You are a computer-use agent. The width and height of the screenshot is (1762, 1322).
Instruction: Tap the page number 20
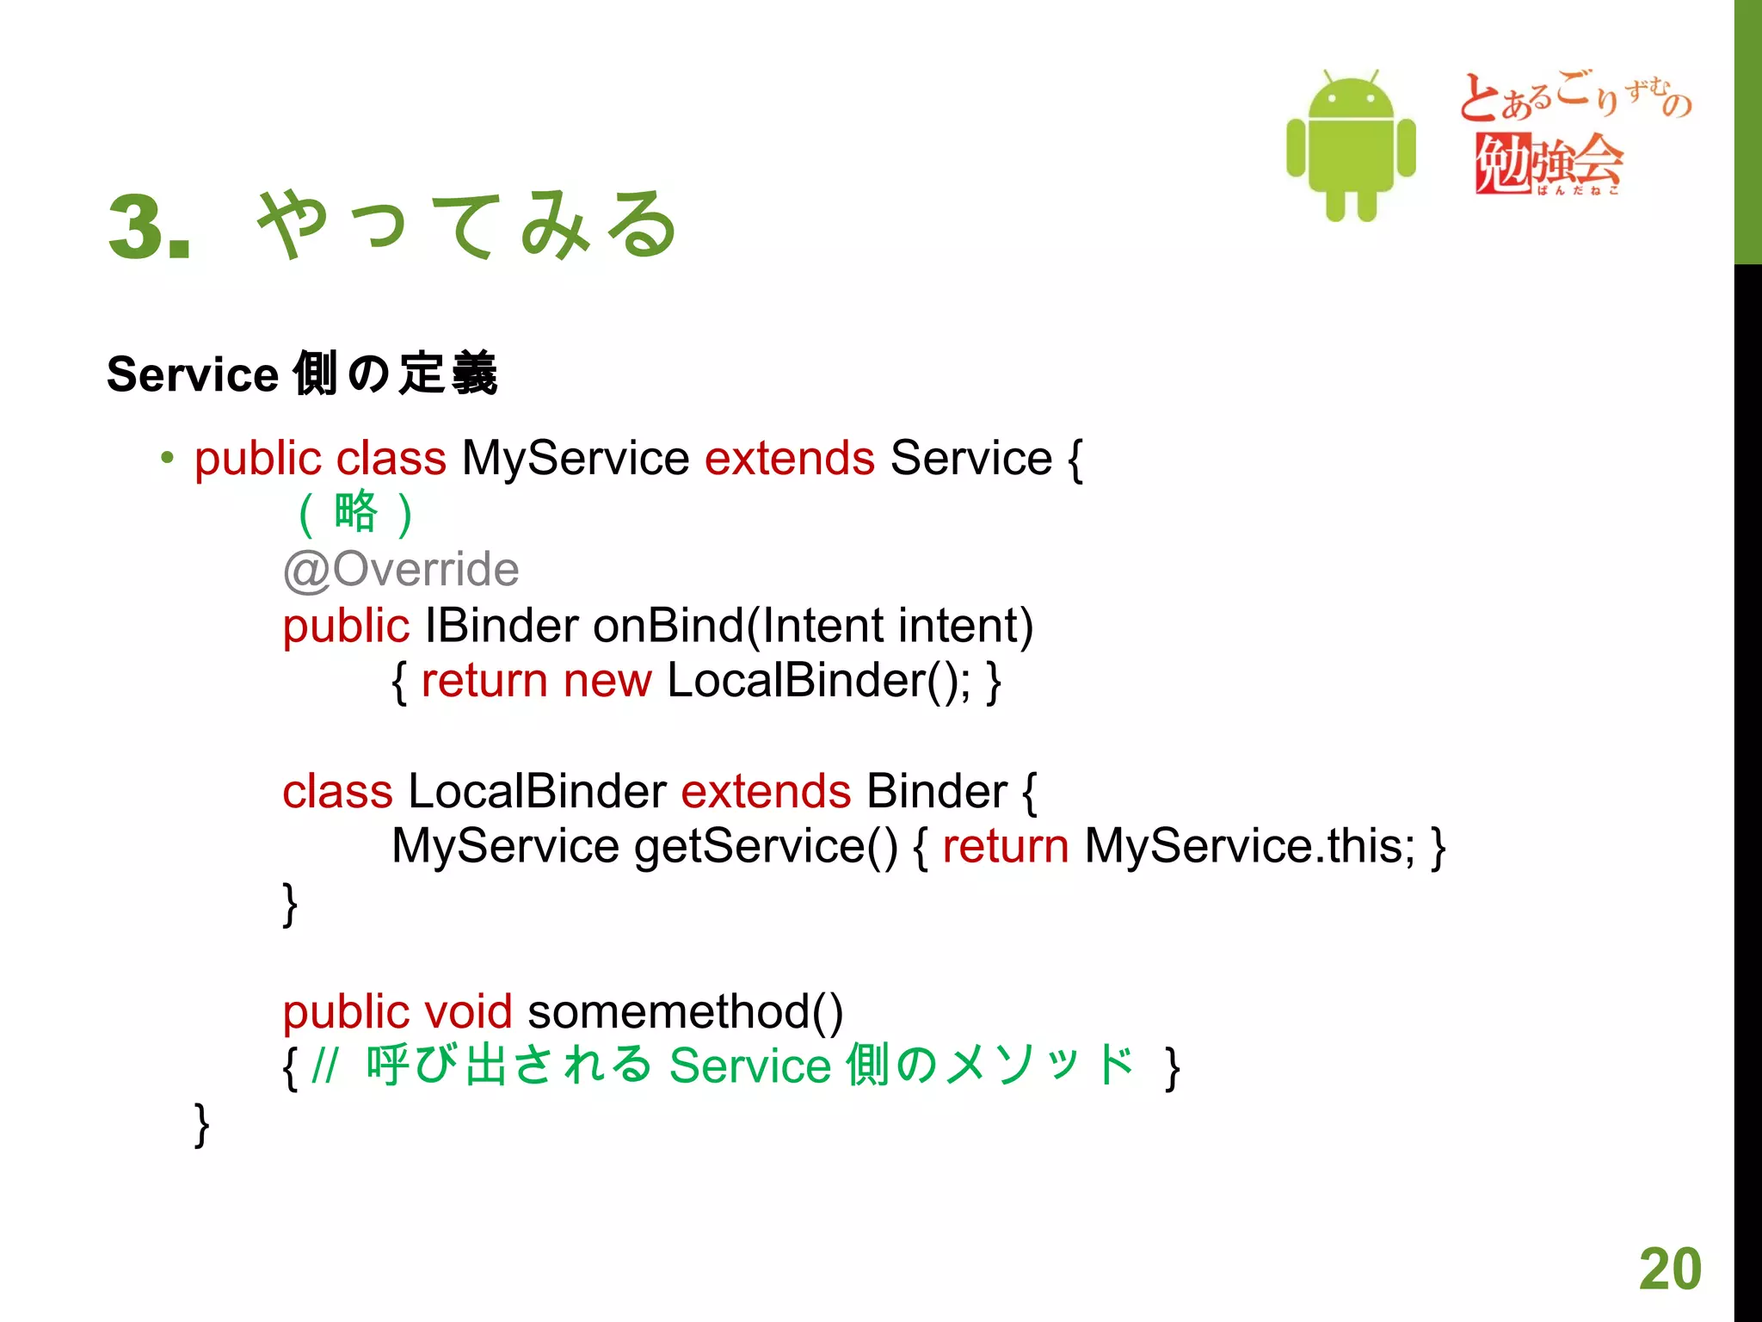[x=1669, y=1269]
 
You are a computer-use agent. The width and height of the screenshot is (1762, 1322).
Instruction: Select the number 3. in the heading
[x=149, y=227]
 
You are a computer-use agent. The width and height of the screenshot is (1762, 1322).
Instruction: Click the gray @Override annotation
[x=401, y=570]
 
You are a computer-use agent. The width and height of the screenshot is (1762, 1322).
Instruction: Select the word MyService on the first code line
[x=575, y=458]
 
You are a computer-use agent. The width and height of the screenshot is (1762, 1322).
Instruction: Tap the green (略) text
[x=355, y=513]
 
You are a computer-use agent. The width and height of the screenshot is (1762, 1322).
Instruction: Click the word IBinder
[x=502, y=626]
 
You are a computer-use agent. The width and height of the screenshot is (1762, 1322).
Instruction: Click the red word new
[x=607, y=681]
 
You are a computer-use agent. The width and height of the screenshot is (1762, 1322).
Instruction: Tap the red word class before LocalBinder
[x=337, y=791]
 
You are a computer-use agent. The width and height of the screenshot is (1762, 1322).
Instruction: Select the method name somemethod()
[x=685, y=1011]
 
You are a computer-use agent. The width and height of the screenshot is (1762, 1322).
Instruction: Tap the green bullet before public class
[x=167, y=458]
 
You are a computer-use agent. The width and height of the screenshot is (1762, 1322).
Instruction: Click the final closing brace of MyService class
[x=201, y=1125]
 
